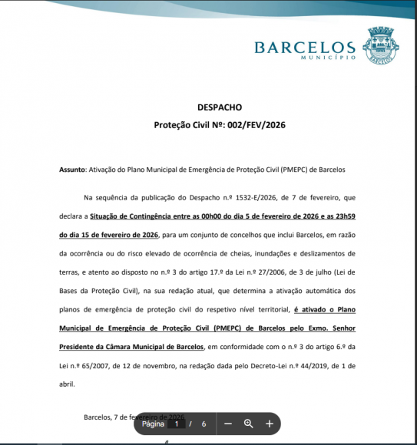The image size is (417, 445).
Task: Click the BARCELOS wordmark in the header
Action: point(304,48)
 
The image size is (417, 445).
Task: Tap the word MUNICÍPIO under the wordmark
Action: point(328,58)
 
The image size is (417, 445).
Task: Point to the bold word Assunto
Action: point(73,168)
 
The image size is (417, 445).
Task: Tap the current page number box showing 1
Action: point(177,424)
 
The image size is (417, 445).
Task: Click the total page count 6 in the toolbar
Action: point(204,424)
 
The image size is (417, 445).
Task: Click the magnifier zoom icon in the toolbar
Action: point(249,424)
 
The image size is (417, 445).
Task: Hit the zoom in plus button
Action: point(270,424)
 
